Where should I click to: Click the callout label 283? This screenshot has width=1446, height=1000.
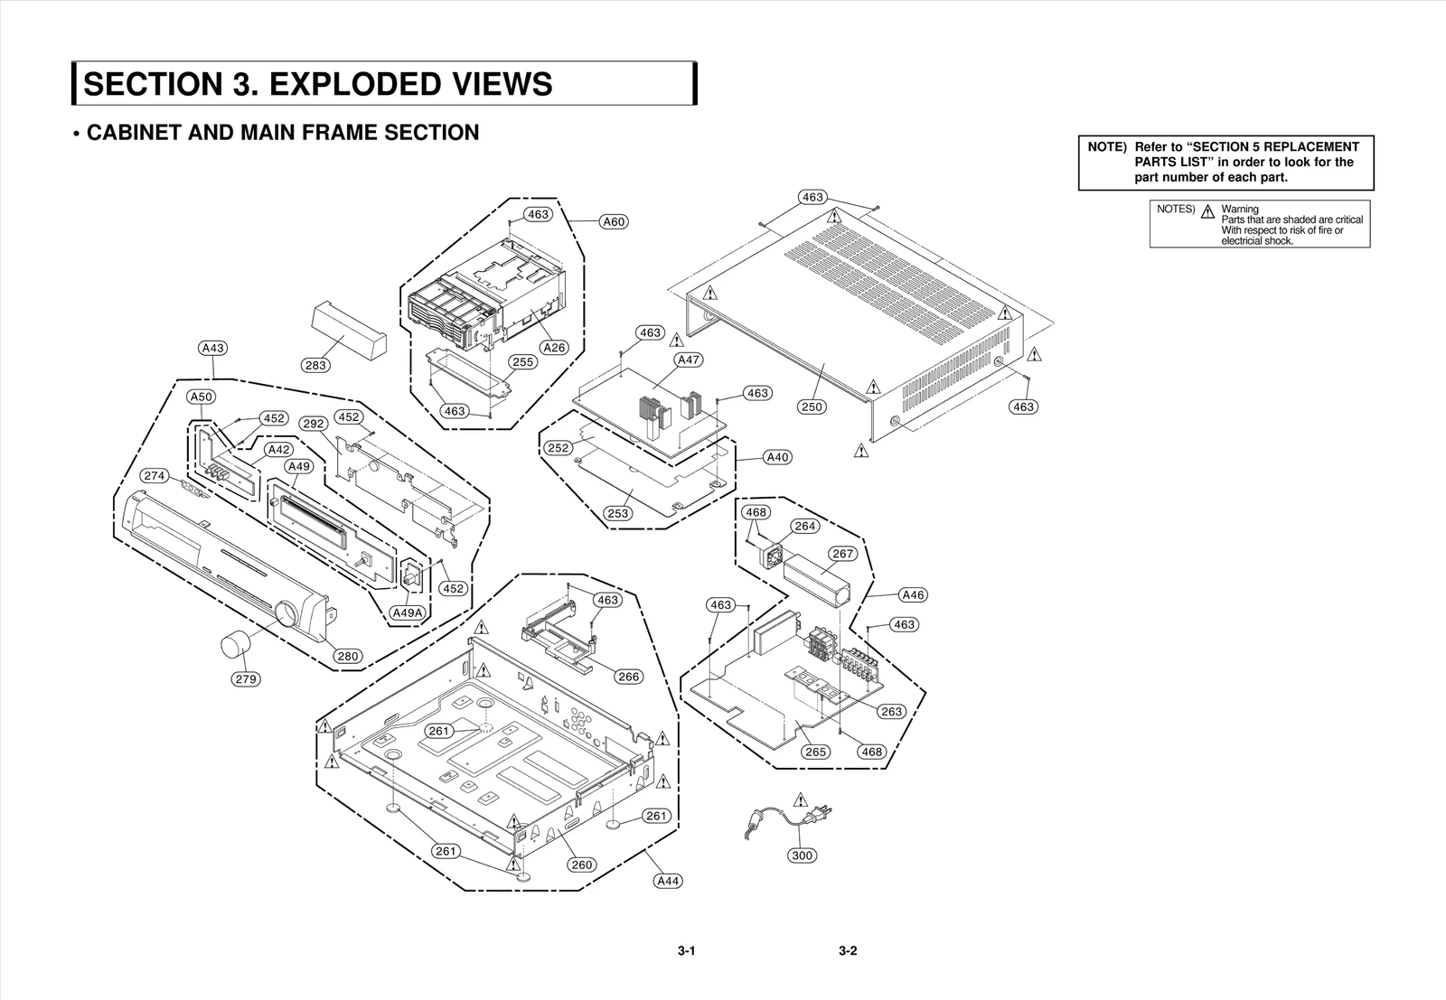[315, 365]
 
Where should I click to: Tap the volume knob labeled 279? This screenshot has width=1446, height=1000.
[236, 647]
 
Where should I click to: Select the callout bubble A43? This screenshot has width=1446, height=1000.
[213, 348]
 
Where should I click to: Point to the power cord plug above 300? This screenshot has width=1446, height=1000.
[821, 814]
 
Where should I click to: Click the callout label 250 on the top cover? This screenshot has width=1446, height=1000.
[812, 407]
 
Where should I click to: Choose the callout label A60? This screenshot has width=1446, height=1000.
[614, 221]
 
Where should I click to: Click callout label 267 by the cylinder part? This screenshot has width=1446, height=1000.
[842, 554]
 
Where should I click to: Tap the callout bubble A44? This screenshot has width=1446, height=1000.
[667, 881]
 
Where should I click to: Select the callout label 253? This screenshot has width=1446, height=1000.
[618, 513]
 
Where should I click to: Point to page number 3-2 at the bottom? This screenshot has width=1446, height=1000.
[847, 950]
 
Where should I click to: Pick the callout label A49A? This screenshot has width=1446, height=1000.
[407, 612]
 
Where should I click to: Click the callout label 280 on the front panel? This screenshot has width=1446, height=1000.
[348, 656]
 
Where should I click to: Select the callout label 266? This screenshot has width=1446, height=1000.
[628, 677]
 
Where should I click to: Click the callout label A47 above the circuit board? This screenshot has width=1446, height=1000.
[689, 360]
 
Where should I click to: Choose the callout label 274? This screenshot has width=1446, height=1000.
[155, 475]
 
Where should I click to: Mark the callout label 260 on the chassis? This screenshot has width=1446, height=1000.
[582, 864]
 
